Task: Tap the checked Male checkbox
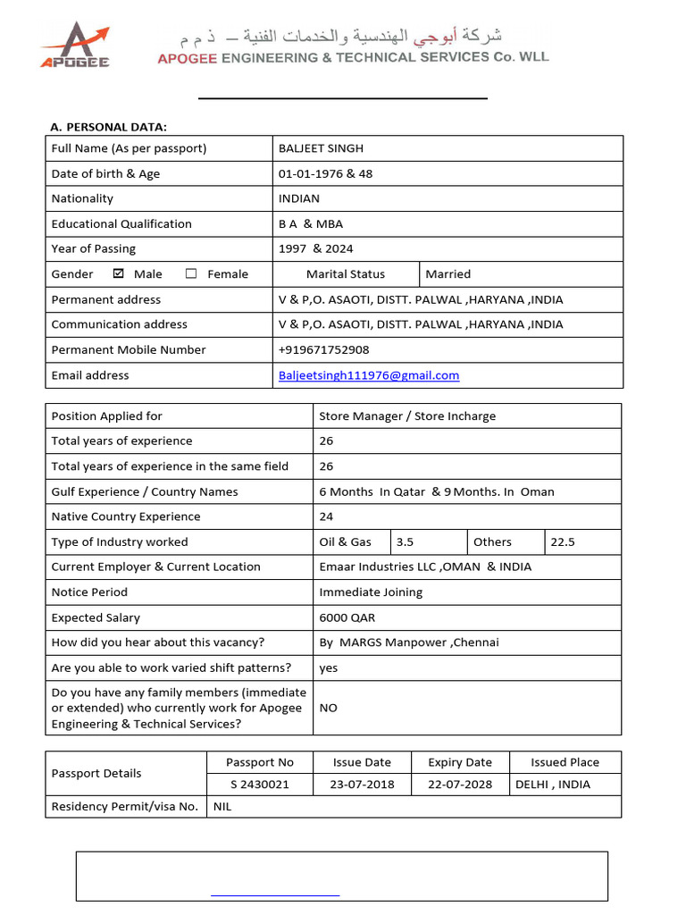[119, 274]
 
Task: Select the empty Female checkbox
[191, 274]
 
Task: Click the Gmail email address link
[369, 375]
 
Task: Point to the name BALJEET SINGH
[321, 148]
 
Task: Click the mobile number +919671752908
[323, 350]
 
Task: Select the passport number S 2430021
[260, 785]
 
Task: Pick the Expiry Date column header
[459, 762]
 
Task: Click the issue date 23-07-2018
[361, 785]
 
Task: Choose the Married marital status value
[448, 274]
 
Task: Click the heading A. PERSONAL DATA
[108, 127]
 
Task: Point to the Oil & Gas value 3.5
[405, 541]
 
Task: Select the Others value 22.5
[563, 541]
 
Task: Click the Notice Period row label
[89, 592]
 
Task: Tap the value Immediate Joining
[371, 592]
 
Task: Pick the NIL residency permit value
[222, 807]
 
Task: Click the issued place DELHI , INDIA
[553, 785]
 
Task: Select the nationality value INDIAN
[299, 198]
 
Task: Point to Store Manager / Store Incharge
[407, 416]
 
